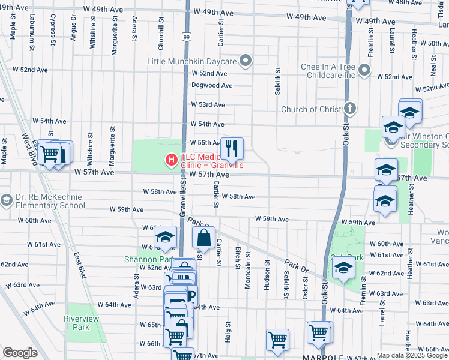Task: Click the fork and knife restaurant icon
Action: (x=232, y=148)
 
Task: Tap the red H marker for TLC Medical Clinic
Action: (x=171, y=160)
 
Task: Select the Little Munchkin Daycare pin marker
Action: (x=245, y=60)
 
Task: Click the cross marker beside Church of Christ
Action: (x=350, y=109)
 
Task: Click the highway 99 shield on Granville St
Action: (x=187, y=37)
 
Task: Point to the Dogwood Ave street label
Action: (x=212, y=85)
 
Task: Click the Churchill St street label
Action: (x=161, y=30)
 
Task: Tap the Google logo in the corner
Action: (x=20, y=353)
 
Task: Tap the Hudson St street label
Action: (x=267, y=278)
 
